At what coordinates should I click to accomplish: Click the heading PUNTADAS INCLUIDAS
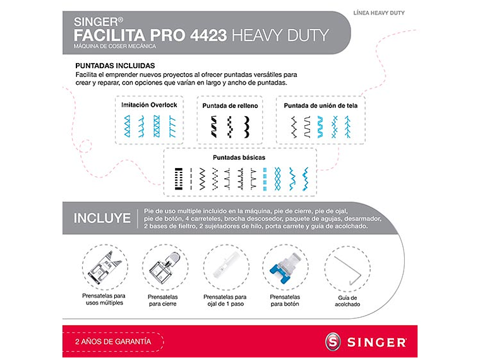(x=116, y=65)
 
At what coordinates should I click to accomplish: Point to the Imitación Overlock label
(x=149, y=105)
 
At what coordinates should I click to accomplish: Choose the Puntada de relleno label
(x=230, y=105)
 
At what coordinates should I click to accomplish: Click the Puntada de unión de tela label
(x=321, y=105)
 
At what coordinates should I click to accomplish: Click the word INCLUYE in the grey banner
(x=102, y=219)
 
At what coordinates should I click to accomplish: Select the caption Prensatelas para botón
(x=285, y=300)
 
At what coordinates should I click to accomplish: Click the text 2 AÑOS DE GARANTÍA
(x=113, y=341)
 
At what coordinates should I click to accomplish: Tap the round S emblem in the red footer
(x=334, y=342)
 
